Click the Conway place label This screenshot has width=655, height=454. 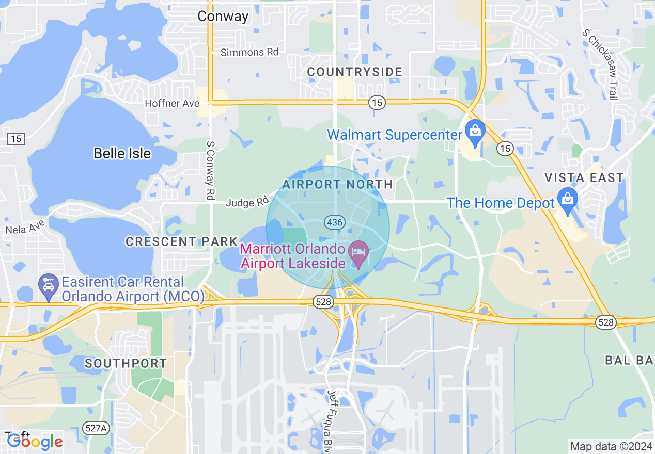point(223,17)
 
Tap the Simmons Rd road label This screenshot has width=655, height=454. point(249,52)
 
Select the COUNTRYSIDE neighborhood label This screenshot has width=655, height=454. point(354,72)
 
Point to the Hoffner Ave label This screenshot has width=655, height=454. point(172,103)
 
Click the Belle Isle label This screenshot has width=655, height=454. point(122,153)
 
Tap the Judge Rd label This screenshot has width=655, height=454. point(247,203)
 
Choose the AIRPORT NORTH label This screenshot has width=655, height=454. point(337,184)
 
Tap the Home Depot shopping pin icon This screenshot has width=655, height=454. point(568,199)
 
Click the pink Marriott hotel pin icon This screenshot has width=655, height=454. point(359,253)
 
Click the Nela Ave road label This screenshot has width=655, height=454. point(25,225)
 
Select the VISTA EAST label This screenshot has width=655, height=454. point(584,178)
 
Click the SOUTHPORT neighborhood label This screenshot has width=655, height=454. point(126,363)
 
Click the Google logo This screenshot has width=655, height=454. point(35,441)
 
